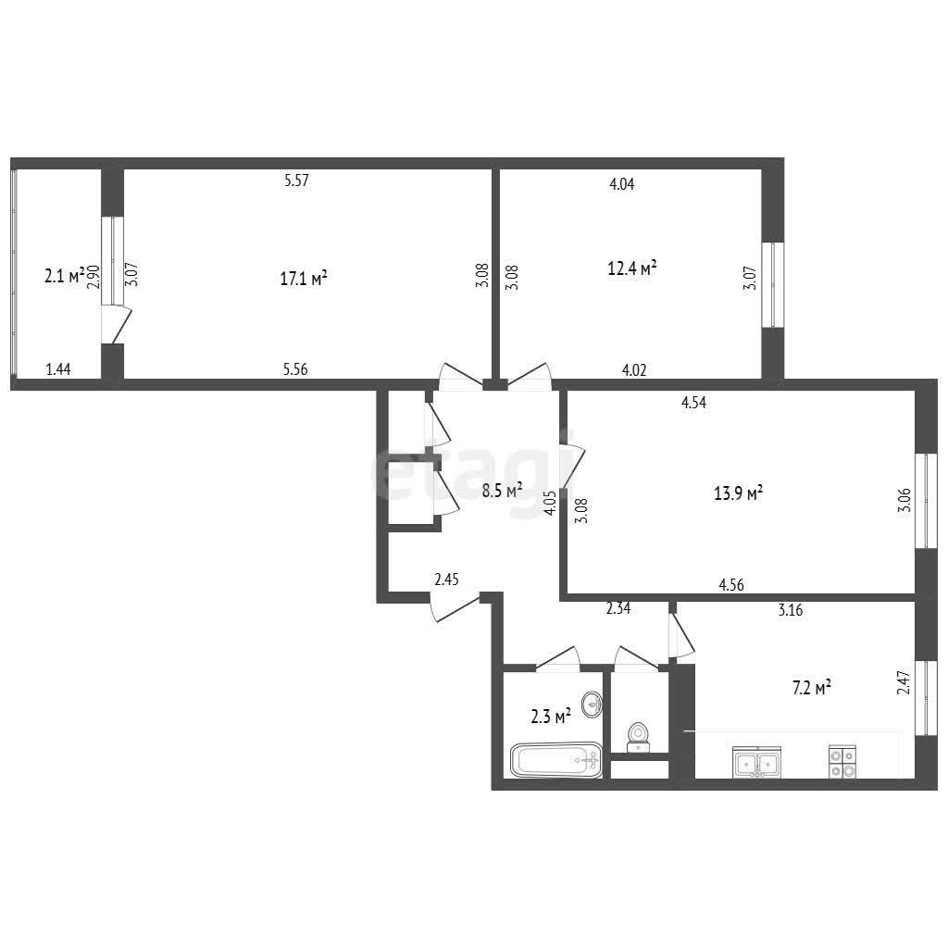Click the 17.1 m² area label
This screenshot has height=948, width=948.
[x=304, y=278]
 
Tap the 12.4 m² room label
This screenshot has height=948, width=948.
[x=632, y=268]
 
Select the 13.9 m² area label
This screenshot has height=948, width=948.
[x=738, y=493]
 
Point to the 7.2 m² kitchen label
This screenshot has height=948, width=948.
[x=811, y=688]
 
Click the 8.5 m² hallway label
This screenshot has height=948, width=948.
[x=503, y=491]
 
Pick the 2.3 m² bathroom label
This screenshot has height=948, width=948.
[x=551, y=717]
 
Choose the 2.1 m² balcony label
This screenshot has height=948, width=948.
[x=64, y=276]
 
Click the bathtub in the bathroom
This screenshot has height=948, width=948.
[x=556, y=759]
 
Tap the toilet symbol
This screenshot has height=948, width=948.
[x=638, y=737]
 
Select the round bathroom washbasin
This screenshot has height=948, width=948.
[x=592, y=705]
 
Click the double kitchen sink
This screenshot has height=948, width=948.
[x=757, y=762]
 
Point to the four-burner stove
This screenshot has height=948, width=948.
[x=842, y=762]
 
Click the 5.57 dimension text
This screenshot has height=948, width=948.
[x=296, y=181]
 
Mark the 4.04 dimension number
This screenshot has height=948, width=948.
[x=621, y=184]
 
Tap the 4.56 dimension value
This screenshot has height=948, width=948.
[x=731, y=585]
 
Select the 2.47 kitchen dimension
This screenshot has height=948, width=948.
[x=904, y=682]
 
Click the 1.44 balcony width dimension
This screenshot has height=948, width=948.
[x=58, y=368]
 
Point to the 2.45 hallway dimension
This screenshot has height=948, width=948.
[x=447, y=580]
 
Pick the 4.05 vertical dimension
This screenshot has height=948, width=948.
[x=550, y=503]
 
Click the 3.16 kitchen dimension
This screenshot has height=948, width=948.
[x=791, y=610]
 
